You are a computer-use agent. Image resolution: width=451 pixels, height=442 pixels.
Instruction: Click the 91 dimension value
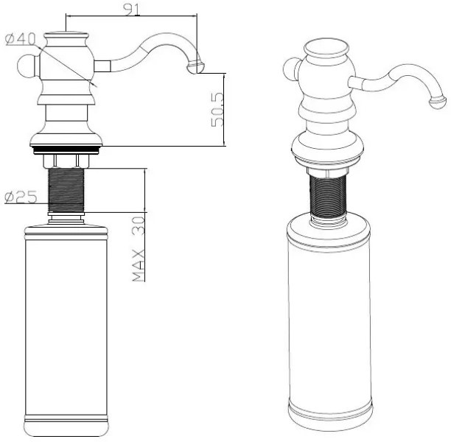coord(132,10)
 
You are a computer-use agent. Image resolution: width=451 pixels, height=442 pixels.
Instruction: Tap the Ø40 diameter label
coord(21,39)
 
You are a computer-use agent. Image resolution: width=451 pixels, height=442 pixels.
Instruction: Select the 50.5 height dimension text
coord(217,109)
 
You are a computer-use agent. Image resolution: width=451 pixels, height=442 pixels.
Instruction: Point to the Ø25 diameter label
coord(21,197)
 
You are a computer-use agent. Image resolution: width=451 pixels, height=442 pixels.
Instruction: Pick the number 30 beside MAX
coord(139,226)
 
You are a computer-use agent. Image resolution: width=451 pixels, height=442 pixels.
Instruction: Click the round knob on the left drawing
coord(27,66)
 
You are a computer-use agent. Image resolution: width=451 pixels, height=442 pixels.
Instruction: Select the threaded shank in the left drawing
coord(66,190)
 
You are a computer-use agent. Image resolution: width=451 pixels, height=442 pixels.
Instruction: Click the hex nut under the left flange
coord(66,161)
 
